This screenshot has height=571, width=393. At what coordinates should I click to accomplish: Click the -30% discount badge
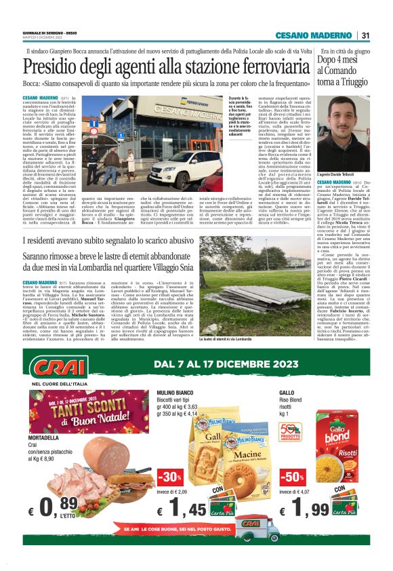[169, 474]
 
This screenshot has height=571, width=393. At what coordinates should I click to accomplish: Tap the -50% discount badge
[293, 474]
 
